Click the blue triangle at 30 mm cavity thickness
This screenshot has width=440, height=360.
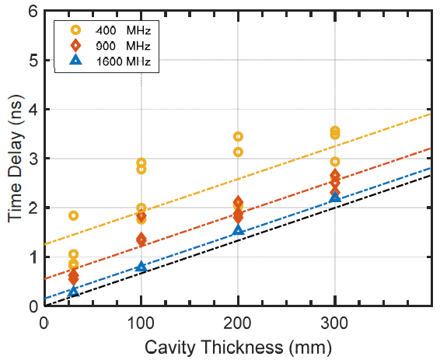[x=73, y=292]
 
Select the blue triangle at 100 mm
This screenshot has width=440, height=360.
[x=141, y=267]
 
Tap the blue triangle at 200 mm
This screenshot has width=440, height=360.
[x=238, y=231]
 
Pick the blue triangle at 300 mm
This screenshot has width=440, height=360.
[x=335, y=197]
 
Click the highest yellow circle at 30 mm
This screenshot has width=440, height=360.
[x=73, y=215]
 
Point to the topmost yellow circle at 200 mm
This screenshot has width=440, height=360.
[x=238, y=137]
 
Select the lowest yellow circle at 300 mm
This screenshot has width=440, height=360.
[x=335, y=162]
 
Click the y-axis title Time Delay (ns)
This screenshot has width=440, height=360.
[x=15, y=159]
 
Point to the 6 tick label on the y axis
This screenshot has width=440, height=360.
[x=32, y=11]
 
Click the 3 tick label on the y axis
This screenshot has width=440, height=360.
[x=32, y=159]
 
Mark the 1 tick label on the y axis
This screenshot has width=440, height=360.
[x=32, y=257]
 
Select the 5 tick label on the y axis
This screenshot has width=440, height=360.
[x=32, y=60]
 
